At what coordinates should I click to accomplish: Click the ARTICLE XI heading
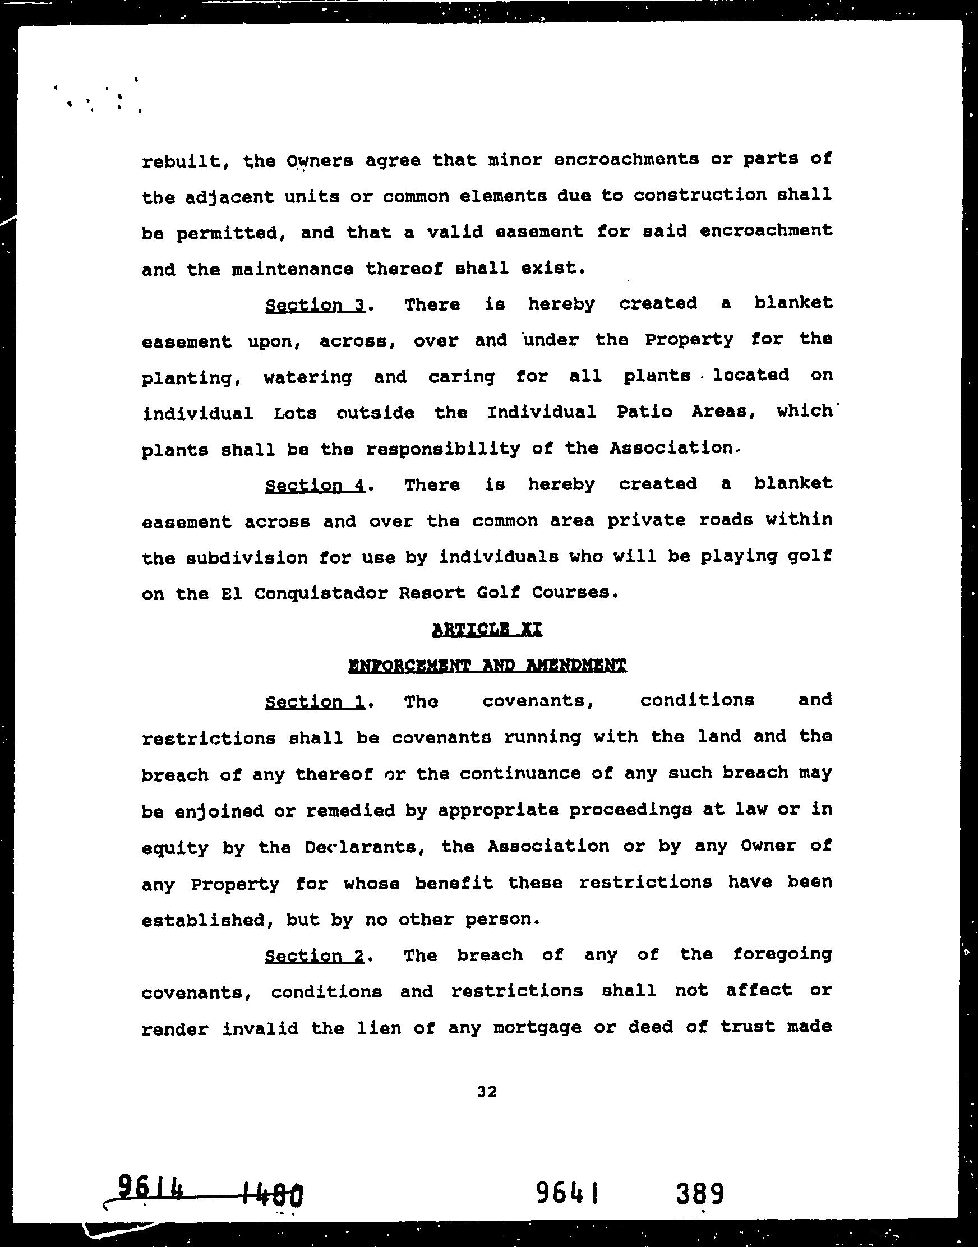click(x=487, y=629)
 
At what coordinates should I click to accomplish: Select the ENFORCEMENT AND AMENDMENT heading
click(x=487, y=666)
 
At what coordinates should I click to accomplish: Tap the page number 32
click(x=487, y=1091)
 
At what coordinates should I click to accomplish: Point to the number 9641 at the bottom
click(x=567, y=1193)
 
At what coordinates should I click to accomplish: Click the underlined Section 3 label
click(x=315, y=305)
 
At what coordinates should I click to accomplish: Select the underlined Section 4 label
click(x=315, y=486)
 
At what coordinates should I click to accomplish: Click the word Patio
click(x=644, y=412)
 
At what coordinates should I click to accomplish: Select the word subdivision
click(x=247, y=557)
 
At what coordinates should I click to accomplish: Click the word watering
click(x=307, y=377)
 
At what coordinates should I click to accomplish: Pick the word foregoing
click(x=782, y=955)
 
